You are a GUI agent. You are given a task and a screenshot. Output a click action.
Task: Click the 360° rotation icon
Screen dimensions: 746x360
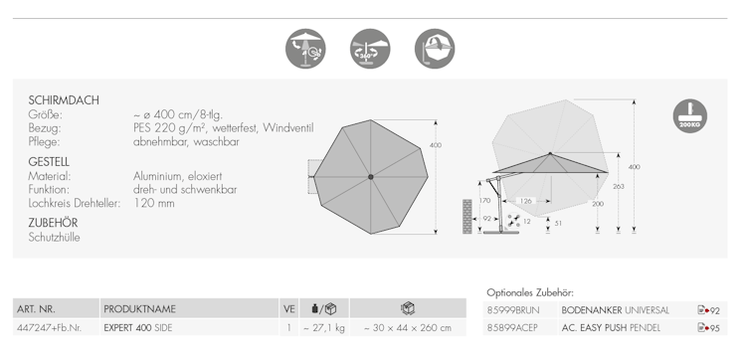click(370, 49)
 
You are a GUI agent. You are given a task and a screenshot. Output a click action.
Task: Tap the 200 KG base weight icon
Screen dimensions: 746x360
click(690, 115)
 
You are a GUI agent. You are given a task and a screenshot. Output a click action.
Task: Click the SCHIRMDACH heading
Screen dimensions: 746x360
click(64, 100)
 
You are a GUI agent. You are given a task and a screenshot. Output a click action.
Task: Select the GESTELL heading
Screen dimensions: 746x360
click(49, 162)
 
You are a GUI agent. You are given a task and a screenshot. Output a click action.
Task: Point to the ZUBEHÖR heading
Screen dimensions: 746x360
click(53, 223)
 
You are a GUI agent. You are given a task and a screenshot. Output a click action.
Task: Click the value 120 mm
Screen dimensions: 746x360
click(153, 203)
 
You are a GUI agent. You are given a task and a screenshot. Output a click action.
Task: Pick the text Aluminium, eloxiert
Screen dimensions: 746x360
click(177, 176)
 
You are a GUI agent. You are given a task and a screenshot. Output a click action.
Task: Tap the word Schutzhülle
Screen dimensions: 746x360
click(55, 238)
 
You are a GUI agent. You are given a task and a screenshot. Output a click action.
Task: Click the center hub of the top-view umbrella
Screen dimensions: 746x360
click(371, 177)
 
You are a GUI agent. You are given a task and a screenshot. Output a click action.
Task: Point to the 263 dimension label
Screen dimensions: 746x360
click(619, 186)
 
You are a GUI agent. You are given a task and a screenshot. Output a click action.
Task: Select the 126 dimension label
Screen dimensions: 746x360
click(526, 201)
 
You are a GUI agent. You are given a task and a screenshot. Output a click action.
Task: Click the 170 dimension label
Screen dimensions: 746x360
click(484, 200)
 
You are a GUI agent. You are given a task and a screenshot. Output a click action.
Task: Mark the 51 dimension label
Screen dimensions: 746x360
click(558, 223)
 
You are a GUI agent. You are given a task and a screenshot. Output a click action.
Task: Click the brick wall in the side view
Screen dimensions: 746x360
click(467, 217)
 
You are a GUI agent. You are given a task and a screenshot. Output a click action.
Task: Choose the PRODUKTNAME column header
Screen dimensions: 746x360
click(140, 308)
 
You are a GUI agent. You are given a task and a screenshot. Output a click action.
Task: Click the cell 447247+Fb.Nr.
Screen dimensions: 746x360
click(50, 327)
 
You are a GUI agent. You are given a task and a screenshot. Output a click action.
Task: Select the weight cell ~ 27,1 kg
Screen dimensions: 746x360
click(323, 327)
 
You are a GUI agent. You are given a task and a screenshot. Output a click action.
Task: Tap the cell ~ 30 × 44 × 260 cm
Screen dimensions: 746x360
click(408, 327)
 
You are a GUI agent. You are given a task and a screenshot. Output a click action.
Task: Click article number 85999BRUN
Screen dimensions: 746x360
click(513, 310)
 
